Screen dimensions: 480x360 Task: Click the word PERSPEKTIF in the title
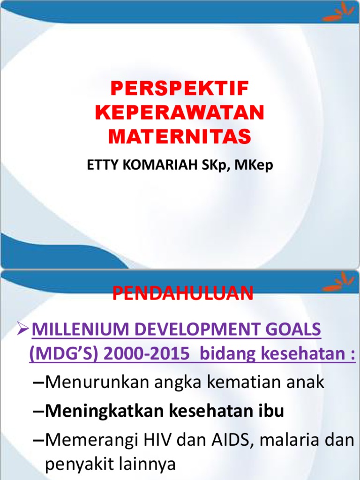(180, 89)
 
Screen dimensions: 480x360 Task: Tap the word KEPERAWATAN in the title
(180, 112)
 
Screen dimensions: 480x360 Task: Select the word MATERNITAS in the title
(180, 136)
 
